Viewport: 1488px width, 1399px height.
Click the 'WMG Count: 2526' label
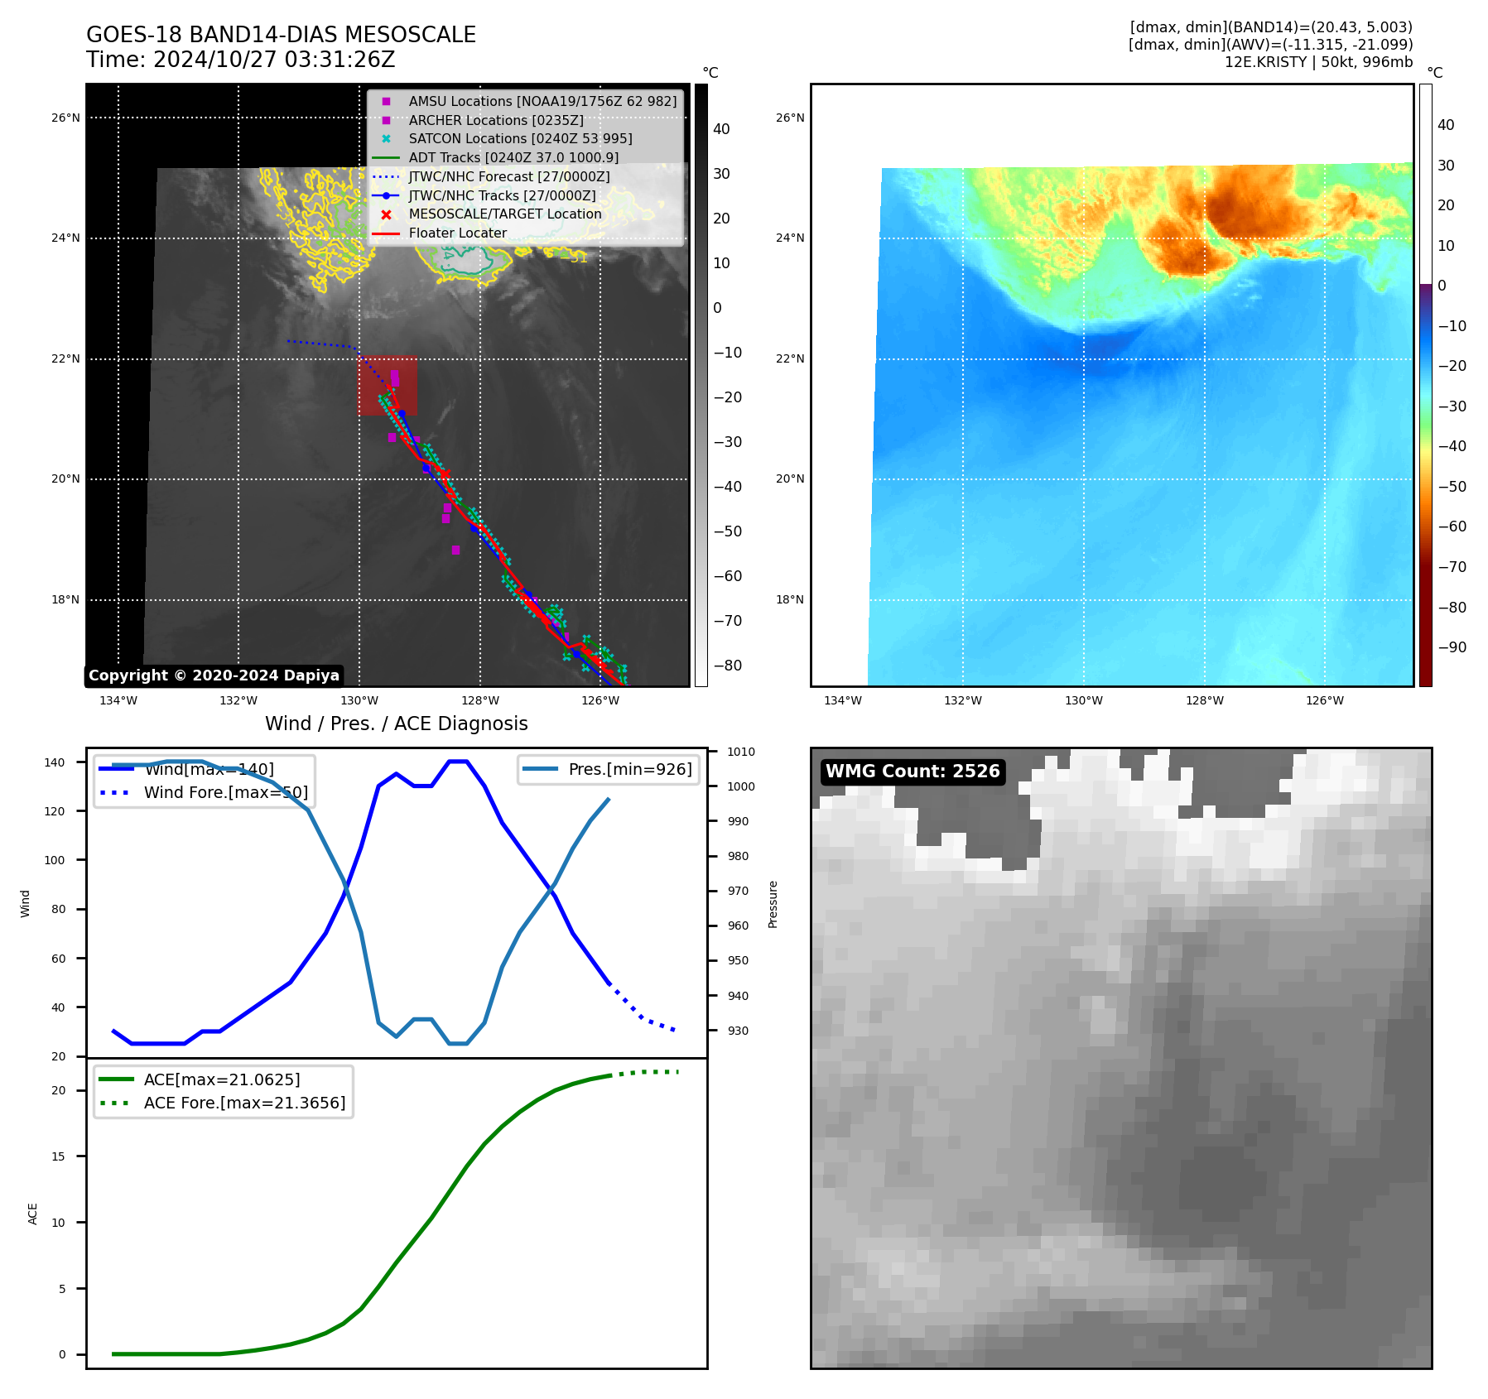(x=913, y=772)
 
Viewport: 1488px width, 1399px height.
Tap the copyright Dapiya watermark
(x=214, y=675)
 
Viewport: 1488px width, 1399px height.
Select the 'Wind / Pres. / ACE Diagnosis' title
(x=396, y=724)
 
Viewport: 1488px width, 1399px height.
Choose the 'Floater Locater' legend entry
(x=457, y=233)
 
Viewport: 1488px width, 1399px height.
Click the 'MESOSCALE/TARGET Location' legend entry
(x=504, y=214)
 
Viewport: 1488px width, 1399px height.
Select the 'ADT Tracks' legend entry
(x=513, y=157)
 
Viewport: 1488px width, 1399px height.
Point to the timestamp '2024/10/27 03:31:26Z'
(x=274, y=60)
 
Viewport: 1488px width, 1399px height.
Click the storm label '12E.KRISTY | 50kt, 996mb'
(x=1318, y=62)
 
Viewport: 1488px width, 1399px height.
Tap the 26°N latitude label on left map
(x=65, y=118)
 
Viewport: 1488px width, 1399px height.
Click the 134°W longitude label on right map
(x=842, y=700)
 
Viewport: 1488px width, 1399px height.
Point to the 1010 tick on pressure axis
(x=741, y=752)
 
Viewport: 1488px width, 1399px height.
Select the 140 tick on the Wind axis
(x=55, y=762)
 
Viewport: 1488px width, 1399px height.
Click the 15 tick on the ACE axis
(x=58, y=1156)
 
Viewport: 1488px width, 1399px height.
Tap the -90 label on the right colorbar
(x=1452, y=647)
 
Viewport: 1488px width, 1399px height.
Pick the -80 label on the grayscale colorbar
(x=728, y=666)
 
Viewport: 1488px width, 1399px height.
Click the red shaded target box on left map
(x=387, y=386)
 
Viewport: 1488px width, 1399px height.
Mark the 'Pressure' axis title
(x=773, y=904)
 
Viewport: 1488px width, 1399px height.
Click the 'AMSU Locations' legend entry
(x=542, y=101)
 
